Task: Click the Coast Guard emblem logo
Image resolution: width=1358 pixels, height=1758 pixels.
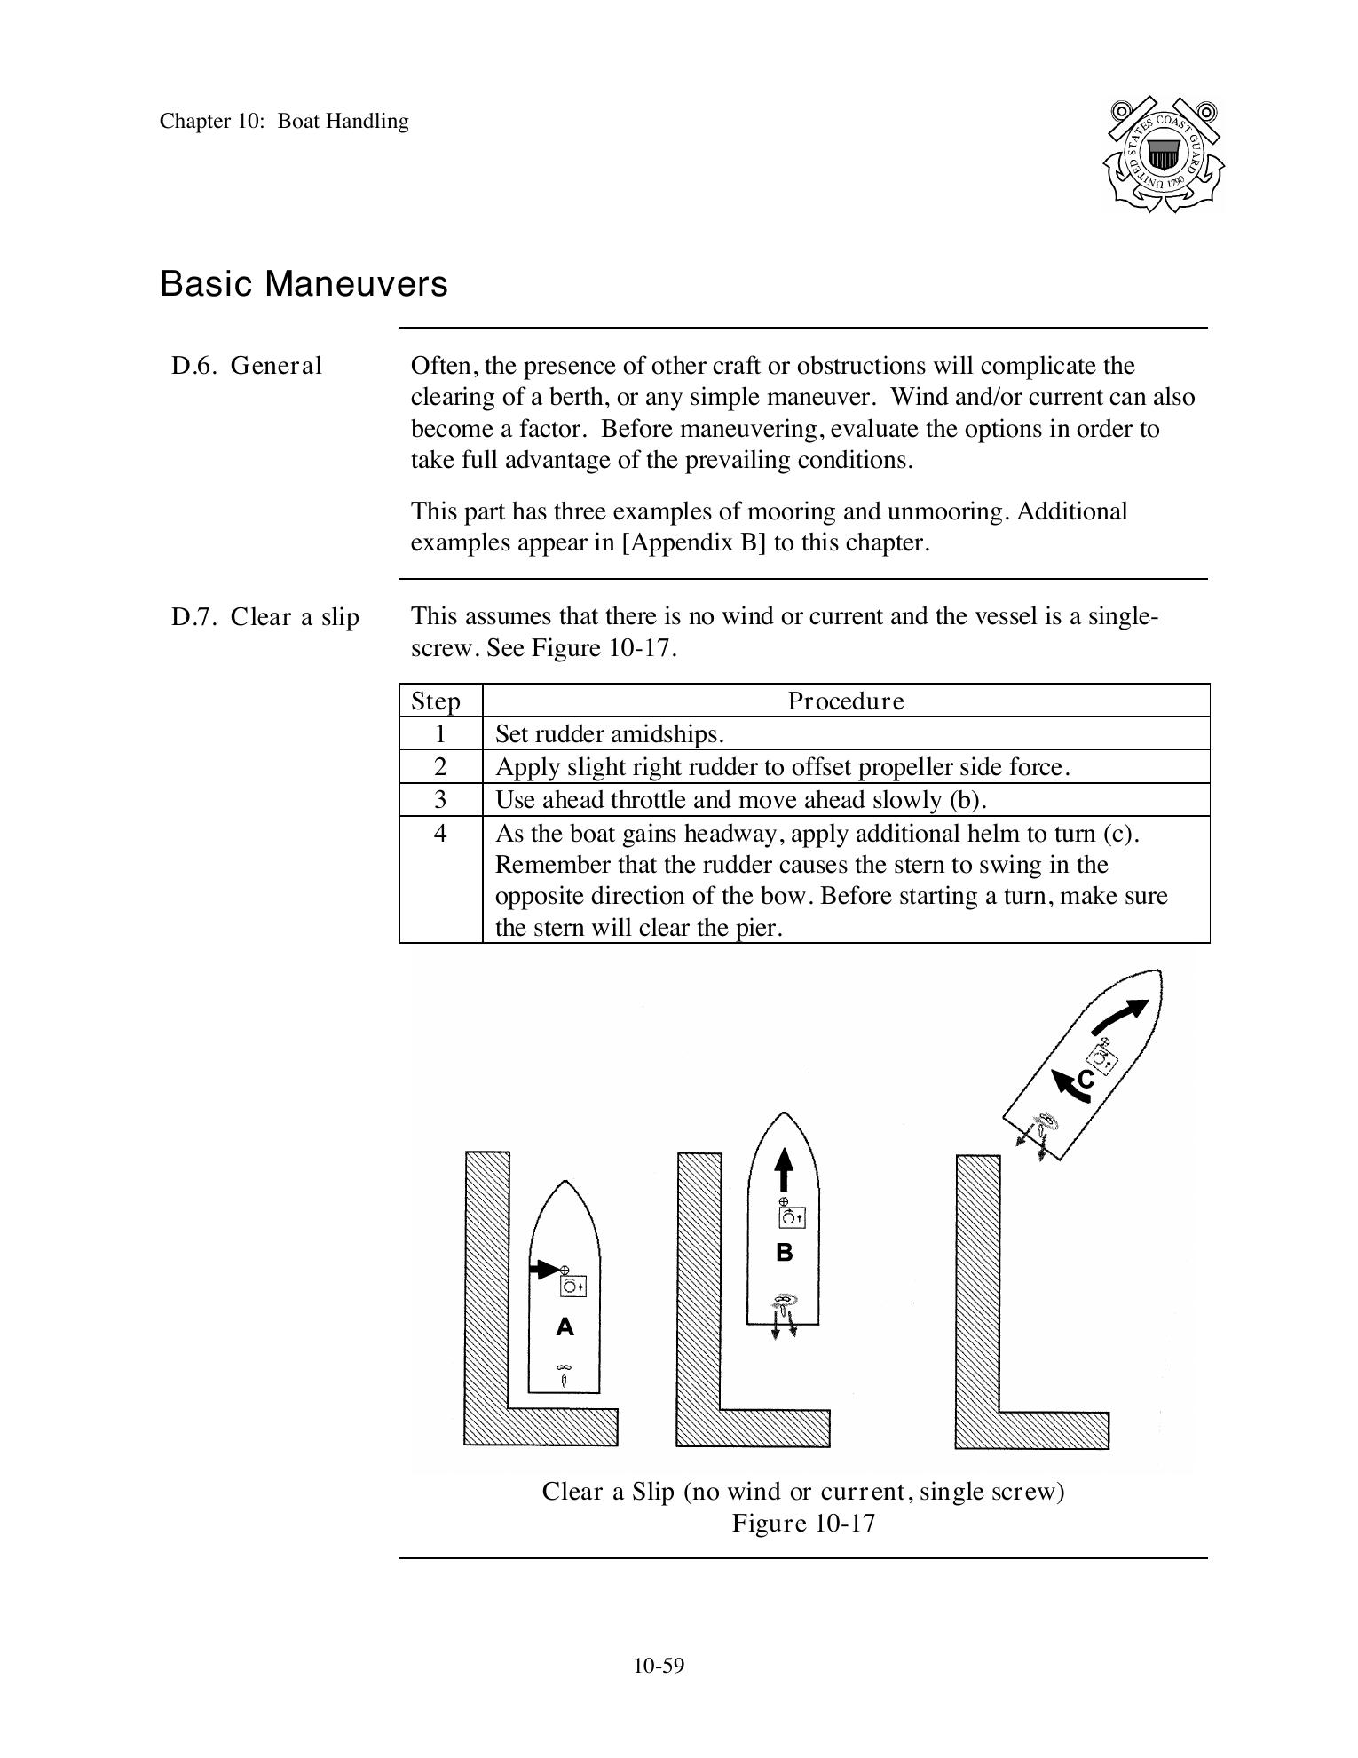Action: coord(1163,154)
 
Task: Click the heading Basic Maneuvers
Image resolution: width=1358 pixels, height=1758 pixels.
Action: coord(304,284)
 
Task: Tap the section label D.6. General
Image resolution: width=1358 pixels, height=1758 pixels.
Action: coord(247,366)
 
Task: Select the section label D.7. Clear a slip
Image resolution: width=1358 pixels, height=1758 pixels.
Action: coord(264,617)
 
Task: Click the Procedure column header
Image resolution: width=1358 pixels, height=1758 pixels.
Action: coord(846,701)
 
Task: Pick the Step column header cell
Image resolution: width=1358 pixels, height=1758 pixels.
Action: coord(436,701)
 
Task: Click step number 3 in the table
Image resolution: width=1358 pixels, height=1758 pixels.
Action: coord(440,800)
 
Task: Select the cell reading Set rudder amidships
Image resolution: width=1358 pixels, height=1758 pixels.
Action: coord(609,734)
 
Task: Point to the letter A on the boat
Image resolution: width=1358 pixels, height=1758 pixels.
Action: coord(565,1327)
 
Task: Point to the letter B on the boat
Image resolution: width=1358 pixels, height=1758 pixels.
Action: coord(784,1253)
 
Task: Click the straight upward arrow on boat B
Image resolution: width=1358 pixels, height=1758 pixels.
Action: coord(783,1170)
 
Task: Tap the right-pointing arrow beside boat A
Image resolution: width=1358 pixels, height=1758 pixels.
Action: coord(543,1270)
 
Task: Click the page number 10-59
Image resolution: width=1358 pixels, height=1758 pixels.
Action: coord(659,1666)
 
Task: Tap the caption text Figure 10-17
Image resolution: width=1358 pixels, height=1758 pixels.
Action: coord(803,1524)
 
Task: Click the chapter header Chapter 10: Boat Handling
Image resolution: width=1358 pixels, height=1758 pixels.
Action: coord(284,122)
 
